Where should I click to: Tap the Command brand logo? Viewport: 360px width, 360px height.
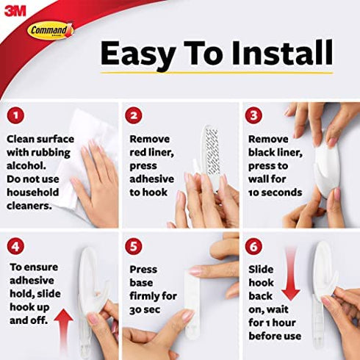pyautogui.click(x=50, y=30)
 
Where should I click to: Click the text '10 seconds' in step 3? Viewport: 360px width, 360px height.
pyautogui.click(x=275, y=192)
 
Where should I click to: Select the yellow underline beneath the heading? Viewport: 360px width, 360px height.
pyautogui.click(x=217, y=72)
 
